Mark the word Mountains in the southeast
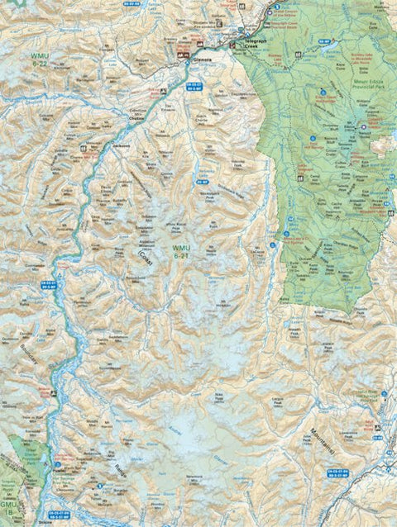pyautogui.click(x=330, y=449)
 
